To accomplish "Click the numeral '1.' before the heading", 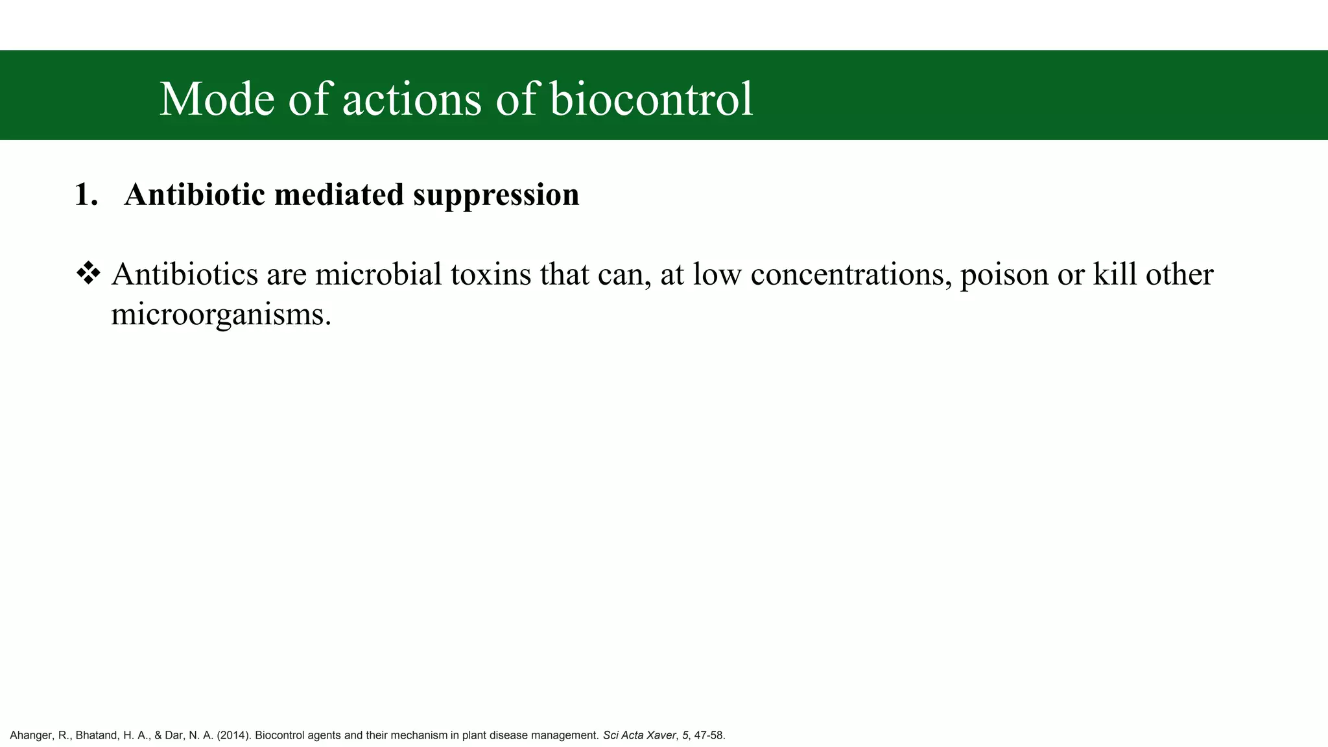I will point(86,195).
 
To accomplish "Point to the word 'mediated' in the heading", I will point(339,195).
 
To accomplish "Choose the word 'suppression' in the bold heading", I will point(496,195).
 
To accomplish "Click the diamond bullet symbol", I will point(88,274).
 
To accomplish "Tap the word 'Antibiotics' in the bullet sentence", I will point(185,274).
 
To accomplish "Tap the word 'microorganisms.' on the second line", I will point(221,315).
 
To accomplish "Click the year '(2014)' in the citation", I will point(233,735).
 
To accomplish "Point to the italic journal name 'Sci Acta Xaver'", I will point(639,735).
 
